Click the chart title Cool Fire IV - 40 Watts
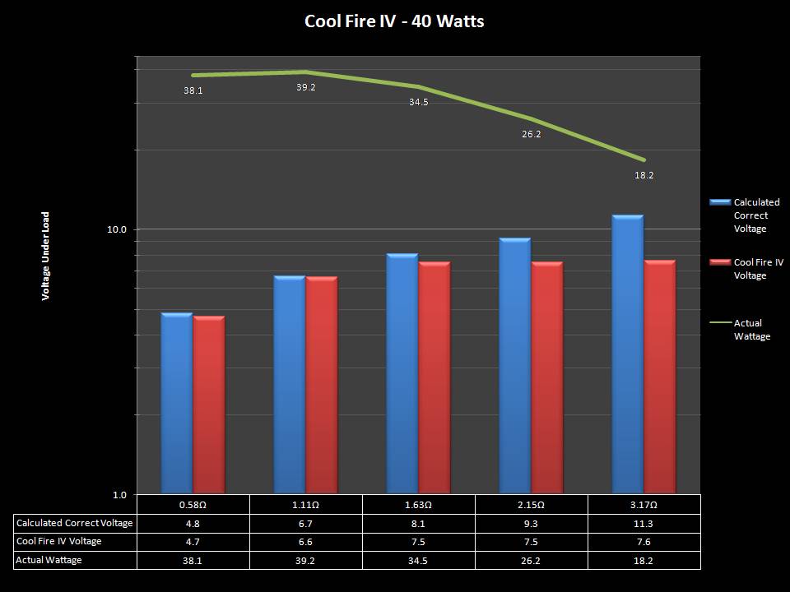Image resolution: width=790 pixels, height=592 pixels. (x=394, y=21)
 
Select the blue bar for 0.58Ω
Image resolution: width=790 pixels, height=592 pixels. (x=176, y=403)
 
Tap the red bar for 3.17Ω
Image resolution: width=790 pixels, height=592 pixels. (x=660, y=377)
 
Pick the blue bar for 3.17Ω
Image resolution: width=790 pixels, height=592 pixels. (x=628, y=354)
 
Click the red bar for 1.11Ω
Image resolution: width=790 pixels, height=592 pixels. (x=322, y=385)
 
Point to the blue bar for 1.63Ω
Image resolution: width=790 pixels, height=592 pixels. (x=402, y=373)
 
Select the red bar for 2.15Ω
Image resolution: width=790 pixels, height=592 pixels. (x=547, y=377)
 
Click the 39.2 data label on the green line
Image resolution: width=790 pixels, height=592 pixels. (x=306, y=87)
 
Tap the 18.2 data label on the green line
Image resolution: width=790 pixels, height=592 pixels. (x=644, y=175)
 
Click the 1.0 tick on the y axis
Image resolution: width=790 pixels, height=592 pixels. (x=119, y=494)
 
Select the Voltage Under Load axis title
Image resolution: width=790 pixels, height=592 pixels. (x=46, y=256)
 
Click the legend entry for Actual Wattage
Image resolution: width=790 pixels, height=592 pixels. (x=751, y=330)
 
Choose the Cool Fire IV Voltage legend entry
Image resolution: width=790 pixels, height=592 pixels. (x=758, y=269)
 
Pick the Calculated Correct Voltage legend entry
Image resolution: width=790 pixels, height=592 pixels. (x=756, y=215)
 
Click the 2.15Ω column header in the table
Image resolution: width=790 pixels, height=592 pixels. (x=531, y=504)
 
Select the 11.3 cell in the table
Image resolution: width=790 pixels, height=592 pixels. (x=644, y=523)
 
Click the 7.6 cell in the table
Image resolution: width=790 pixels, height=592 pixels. (x=644, y=542)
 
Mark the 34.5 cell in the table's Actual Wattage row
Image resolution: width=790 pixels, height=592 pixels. (x=418, y=560)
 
